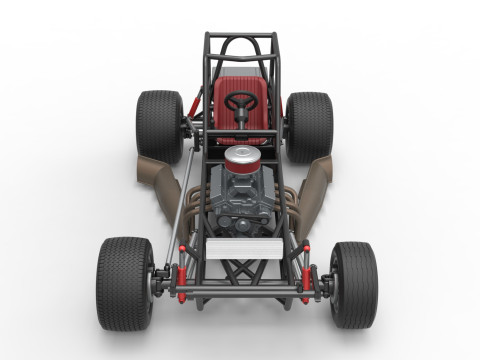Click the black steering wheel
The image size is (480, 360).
click(240, 101)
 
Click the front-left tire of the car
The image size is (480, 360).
click(125, 283)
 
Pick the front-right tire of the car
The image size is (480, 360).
click(354, 284)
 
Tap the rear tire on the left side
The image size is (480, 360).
click(159, 126)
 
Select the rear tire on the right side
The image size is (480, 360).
click(309, 127)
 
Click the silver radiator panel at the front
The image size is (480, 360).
click(241, 247)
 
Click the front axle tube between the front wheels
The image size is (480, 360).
click(242, 290)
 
